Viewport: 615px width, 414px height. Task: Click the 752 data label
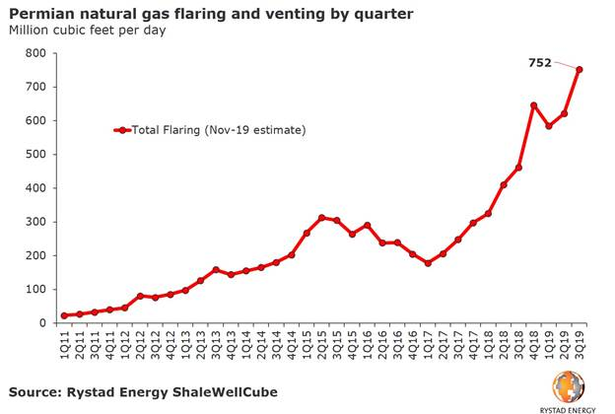538,63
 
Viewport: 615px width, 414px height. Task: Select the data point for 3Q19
580,69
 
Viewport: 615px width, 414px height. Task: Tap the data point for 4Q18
533,105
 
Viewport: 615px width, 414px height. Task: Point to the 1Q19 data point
549,126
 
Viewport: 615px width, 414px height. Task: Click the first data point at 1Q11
64,315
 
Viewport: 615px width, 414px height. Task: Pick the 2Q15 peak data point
321,218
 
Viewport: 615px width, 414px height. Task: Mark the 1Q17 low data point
428,263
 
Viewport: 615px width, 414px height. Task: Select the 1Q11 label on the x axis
65,345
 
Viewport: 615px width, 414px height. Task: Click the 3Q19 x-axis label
580,345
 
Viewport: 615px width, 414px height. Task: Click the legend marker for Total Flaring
121,129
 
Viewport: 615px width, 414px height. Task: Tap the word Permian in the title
38,13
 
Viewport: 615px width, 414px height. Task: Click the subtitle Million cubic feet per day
88,30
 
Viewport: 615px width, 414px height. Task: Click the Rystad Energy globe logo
568,385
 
